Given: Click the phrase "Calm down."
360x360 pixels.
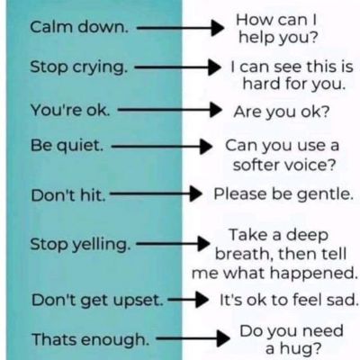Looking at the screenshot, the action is pos(79,27).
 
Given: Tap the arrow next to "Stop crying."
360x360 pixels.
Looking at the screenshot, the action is pos(177,67).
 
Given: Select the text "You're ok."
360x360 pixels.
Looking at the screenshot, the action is pos(70,110).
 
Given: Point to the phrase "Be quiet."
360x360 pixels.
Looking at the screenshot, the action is pos(67,146).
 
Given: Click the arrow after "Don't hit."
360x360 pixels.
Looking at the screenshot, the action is pos(156,193).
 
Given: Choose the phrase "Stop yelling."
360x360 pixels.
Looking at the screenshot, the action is pos(80,244).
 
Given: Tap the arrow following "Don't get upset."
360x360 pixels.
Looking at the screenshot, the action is pos(188,299).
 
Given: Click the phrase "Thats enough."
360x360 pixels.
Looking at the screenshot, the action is pos(91,339).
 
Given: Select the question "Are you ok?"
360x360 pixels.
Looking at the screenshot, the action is pos(282,112).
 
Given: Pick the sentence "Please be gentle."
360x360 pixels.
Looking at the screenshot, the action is pos(283,193).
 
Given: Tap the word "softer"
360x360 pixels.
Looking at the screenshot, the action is pos(256,165).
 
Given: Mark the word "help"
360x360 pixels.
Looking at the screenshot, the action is pos(252,38).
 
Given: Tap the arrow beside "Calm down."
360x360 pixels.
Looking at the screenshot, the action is pos(181,28).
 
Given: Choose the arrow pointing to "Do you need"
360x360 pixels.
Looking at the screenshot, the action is pos(193,338).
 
